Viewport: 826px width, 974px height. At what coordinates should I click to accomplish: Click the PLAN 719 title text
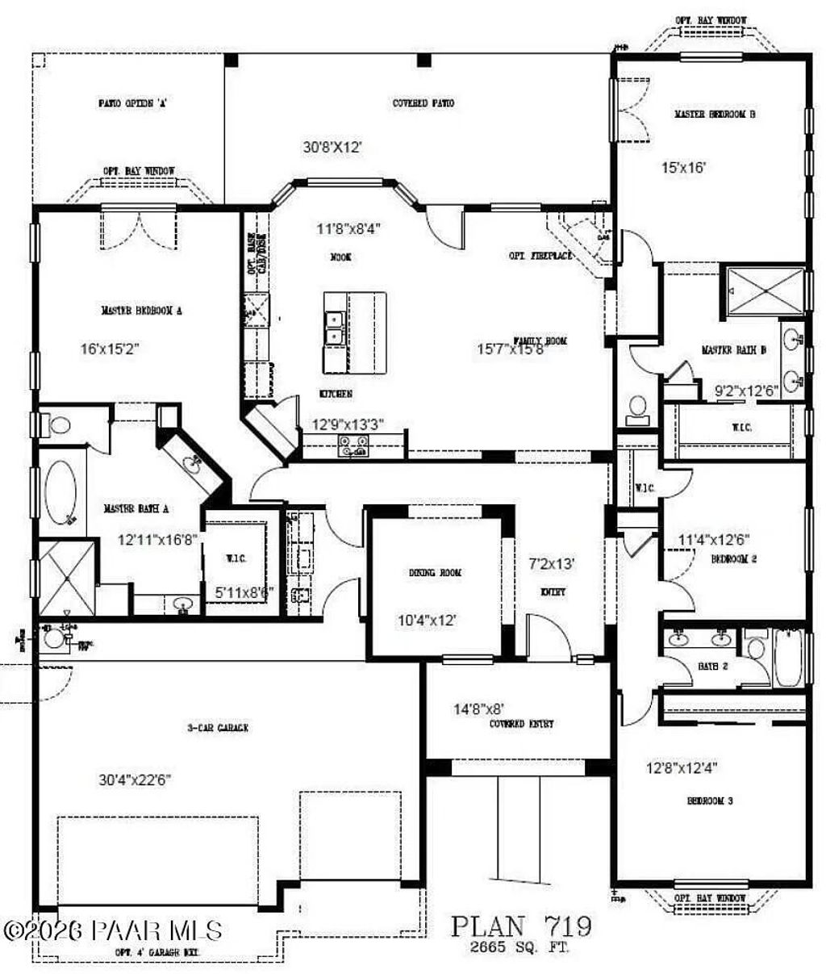pyautogui.click(x=521, y=926)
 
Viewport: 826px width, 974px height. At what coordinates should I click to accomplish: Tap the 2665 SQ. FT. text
pyautogui.click(x=520, y=948)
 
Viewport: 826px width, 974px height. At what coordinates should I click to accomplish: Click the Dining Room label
pyautogui.click(x=435, y=572)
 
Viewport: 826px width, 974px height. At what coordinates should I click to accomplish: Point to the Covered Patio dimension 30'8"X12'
pyautogui.click(x=332, y=147)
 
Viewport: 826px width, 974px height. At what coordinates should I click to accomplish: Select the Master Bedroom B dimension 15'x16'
pyautogui.click(x=684, y=168)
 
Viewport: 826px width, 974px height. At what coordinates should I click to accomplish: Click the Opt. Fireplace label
pyautogui.click(x=540, y=256)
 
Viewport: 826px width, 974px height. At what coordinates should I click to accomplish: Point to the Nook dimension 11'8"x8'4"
pyautogui.click(x=348, y=228)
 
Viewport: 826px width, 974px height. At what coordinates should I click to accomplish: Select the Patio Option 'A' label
pyautogui.click(x=132, y=103)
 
